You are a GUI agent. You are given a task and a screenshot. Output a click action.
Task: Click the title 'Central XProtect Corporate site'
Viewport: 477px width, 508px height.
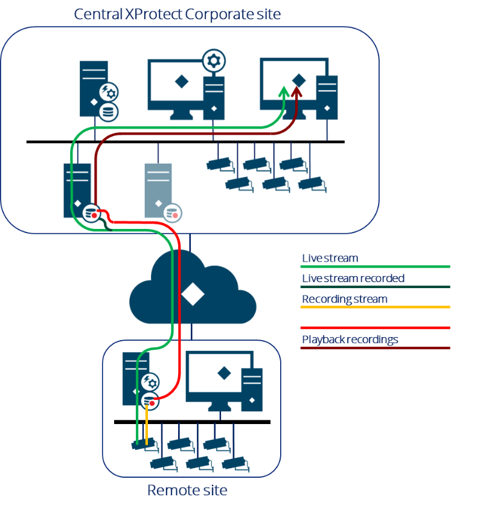[177, 14]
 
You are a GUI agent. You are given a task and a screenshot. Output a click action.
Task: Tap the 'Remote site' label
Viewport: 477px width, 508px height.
[187, 490]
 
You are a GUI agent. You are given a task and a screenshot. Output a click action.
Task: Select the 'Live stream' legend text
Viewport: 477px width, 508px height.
[330, 258]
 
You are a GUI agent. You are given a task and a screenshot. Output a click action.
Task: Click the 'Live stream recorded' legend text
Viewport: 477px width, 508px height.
[353, 278]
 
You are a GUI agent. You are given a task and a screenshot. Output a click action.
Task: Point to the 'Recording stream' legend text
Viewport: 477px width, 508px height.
[345, 299]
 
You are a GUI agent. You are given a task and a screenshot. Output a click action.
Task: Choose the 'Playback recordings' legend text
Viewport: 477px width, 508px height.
[350, 339]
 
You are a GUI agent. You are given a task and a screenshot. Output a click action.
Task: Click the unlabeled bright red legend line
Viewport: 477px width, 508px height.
[376, 327]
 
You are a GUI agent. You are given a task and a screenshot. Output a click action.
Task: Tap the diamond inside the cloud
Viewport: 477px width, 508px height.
[192, 294]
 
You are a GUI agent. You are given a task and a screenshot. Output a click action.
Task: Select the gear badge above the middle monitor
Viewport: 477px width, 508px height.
[212, 60]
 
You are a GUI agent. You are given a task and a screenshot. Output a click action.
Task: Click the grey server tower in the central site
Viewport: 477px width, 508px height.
[158, 189]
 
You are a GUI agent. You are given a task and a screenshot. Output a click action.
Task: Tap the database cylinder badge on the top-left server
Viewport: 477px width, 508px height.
[109, 112]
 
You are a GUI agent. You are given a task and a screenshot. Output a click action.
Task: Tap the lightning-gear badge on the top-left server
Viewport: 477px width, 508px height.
[109, 92]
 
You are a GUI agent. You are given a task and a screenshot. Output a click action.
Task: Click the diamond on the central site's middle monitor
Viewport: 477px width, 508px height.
[179, 82]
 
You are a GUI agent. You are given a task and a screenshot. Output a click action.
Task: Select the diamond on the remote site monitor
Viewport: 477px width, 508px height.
[223, 373]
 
